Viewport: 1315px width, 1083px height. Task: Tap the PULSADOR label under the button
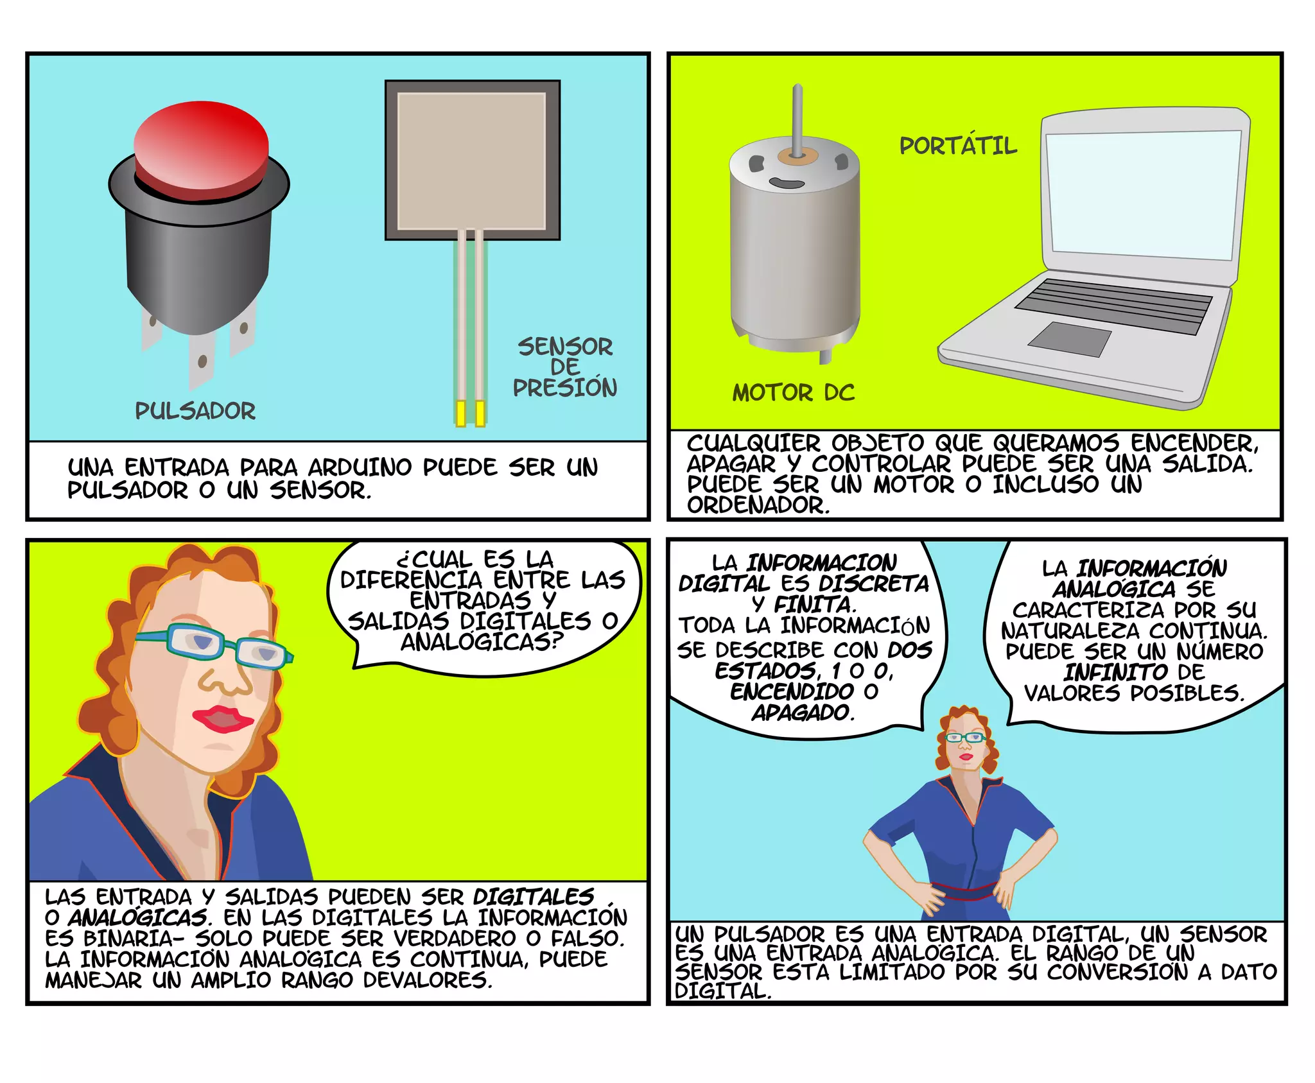(x=195, y=411)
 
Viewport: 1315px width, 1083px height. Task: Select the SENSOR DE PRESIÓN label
(x=565, y=367)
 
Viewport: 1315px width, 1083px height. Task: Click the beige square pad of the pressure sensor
(x=472, y=160)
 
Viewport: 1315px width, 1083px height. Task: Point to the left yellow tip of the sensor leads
(x=460, y=414)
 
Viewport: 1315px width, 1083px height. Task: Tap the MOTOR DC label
(x=794, y=393)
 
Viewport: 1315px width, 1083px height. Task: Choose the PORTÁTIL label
(x=958, y=145)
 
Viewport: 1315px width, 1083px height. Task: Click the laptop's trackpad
(x=1070, y=339)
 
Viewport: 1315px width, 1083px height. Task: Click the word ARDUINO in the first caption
(x=360, y=467)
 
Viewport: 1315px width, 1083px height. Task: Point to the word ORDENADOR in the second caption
(x=758, y=505)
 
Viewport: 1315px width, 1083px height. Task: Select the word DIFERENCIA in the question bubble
(x=411, y=580)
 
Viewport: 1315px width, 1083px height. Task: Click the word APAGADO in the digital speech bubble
(x=803, y=713)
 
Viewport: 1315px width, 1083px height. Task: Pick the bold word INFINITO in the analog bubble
(x=1116, y=672)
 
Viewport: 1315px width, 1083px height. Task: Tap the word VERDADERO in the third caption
(x=455, y=939)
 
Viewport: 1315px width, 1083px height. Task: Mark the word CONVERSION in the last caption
(x=1117, y=972)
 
